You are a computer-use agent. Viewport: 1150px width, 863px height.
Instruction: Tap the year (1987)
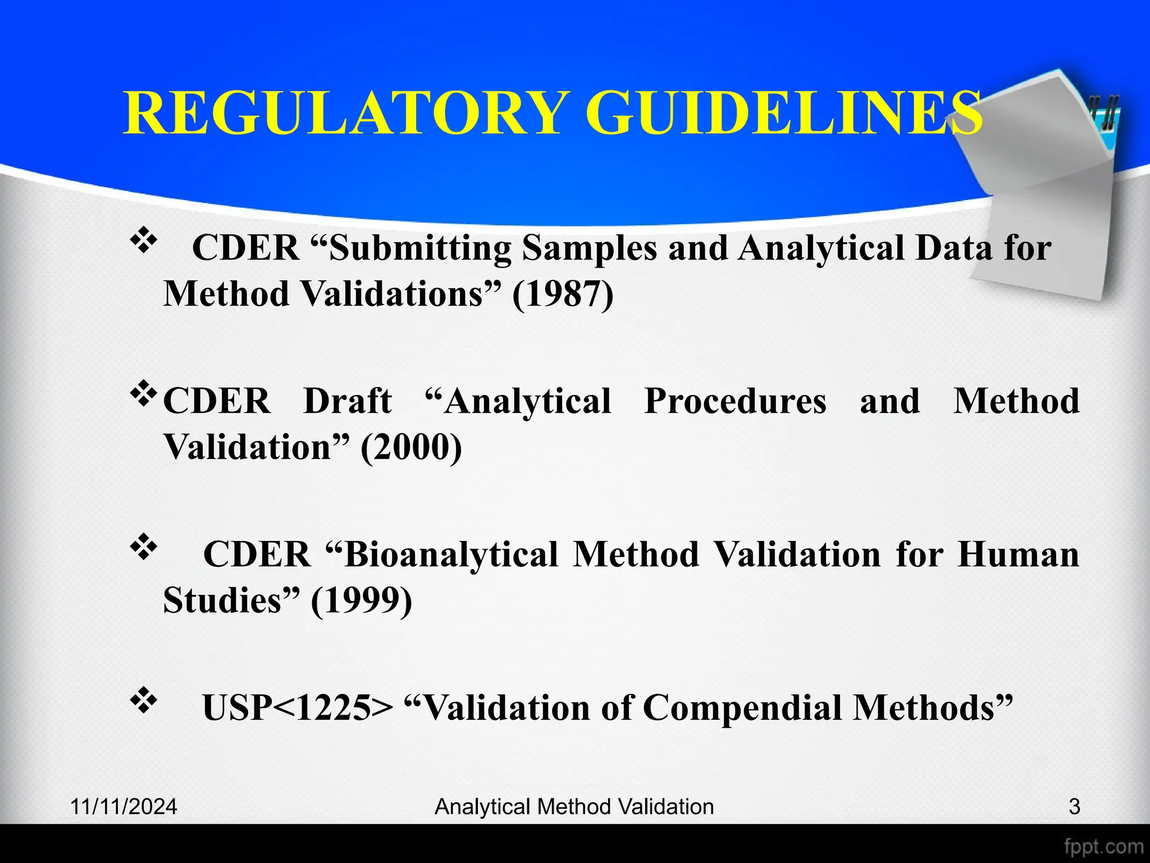563,294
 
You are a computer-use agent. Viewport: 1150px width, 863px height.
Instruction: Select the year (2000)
411,447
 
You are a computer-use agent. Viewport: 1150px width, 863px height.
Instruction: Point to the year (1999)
361,600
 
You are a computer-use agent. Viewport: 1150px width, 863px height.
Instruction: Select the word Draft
348,401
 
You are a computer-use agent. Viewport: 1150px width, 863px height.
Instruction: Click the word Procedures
736,401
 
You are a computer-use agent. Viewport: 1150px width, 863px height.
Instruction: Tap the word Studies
222,600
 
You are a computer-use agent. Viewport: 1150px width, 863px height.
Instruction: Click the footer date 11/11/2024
124,807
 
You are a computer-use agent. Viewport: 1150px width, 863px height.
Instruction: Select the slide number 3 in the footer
1074,807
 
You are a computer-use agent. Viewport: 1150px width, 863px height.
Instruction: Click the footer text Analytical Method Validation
574,807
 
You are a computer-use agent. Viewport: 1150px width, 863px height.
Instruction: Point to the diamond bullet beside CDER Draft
144,394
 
